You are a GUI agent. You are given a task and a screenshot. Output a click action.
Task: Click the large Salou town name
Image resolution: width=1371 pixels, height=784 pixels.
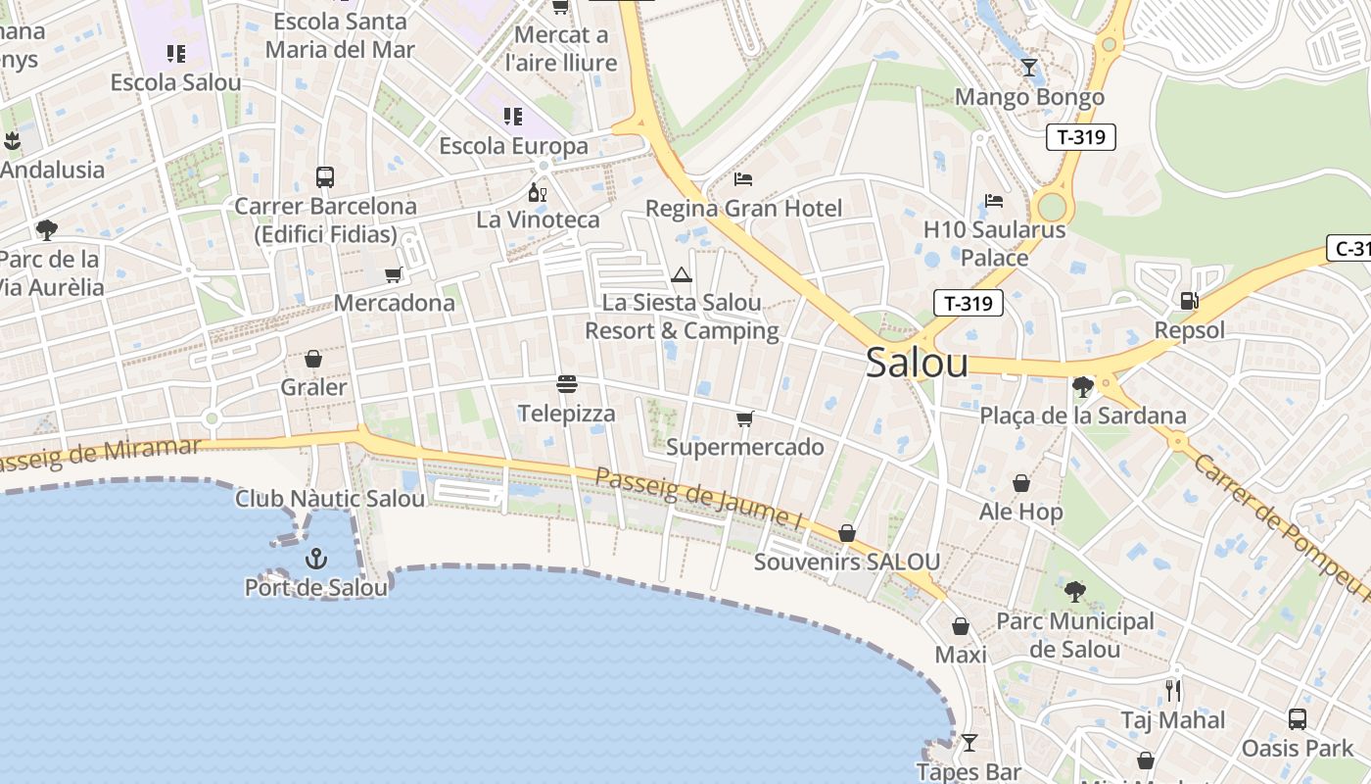tap(917, 363)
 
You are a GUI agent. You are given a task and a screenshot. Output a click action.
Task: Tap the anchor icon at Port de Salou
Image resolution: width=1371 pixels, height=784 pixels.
tap(315, 559)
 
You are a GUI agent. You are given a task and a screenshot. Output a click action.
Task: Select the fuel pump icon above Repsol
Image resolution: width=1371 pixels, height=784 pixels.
tap(1189, 301)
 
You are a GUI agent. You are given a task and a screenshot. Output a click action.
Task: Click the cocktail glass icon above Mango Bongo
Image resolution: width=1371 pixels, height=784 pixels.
tap(1028, 67)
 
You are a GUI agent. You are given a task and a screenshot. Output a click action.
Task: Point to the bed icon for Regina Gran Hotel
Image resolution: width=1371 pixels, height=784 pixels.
tap(743, 179)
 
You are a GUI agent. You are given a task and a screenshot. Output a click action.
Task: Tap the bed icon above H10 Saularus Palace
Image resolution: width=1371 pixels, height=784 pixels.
tap(994, 201)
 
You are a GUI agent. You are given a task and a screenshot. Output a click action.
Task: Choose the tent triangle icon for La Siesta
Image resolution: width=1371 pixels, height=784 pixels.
tap(682, 274)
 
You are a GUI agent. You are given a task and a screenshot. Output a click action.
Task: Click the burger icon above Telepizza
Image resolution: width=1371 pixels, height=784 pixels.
tap(566, 383)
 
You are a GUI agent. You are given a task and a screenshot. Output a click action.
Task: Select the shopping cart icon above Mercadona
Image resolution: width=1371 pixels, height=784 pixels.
tap(394, 274)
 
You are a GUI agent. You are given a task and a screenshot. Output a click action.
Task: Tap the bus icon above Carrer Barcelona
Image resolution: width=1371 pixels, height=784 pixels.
tap(325, 177)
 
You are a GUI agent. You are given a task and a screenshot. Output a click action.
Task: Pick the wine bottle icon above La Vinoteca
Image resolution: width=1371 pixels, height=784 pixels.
tap(537, 191)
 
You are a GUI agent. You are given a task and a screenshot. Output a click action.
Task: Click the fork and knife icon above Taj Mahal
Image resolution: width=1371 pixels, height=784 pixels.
tap(1173, 691)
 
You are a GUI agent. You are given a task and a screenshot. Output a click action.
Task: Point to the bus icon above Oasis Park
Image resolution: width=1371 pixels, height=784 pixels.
tap(1298, 719)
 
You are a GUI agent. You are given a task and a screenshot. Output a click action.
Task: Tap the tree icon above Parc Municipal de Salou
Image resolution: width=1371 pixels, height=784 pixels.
tap(1074, 592)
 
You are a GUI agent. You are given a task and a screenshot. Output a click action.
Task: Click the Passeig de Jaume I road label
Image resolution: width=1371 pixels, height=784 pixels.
tap(698, 499)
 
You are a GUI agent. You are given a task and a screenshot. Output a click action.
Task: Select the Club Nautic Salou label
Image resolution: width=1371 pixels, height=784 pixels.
tap(330, 499)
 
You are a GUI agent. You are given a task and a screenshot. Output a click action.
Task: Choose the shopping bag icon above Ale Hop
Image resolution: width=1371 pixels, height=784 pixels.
tap(1021, 483)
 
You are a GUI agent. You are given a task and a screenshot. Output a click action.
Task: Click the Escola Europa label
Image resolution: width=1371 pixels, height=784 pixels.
tap(513, 146)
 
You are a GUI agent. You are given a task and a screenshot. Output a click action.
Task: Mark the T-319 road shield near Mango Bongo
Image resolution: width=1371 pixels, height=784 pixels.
tap(1081, 136)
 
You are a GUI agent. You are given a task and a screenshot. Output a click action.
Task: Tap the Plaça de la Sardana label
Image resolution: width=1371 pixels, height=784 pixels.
tap(1083, 416)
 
